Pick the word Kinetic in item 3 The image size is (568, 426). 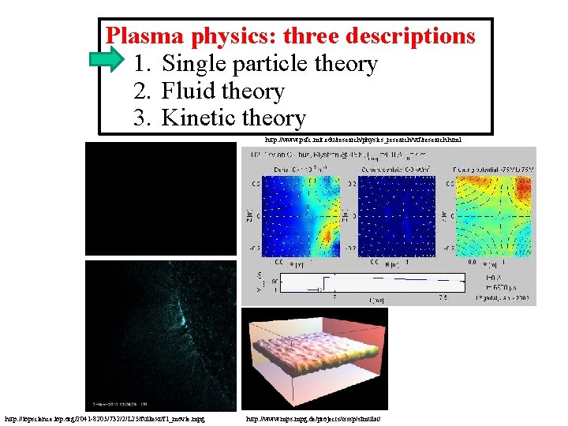pos(198,118)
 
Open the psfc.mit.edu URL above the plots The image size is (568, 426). pos(363,139)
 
